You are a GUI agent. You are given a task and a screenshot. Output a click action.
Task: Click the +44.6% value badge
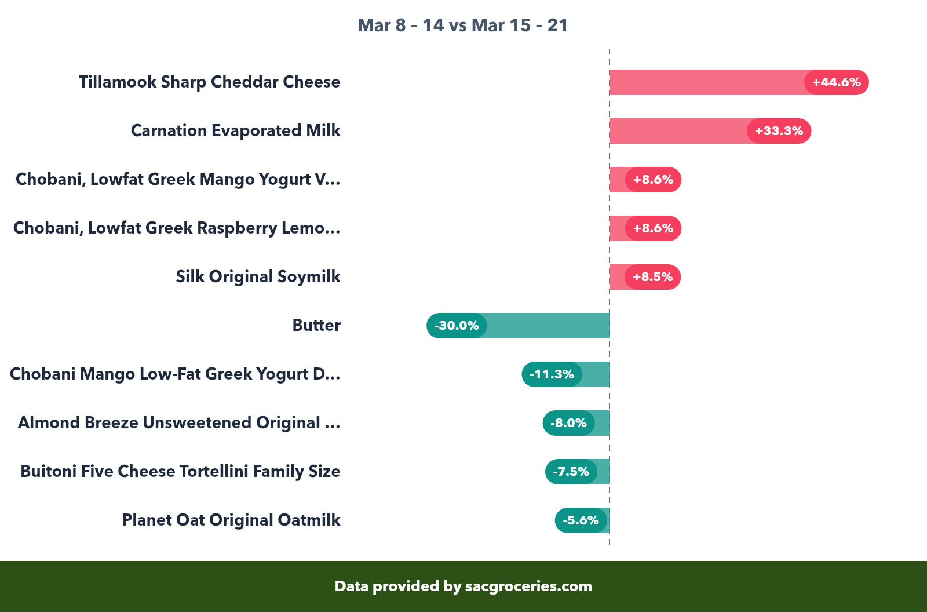[x=836, y=82]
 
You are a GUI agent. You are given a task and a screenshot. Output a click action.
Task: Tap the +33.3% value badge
[x=779, y=131]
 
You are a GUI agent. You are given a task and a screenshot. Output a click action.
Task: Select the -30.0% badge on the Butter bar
[x=457, y=326]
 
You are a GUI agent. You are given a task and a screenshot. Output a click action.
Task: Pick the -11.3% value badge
[x=552, y=374]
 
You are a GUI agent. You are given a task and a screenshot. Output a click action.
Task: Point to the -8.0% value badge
[x=568, y=423]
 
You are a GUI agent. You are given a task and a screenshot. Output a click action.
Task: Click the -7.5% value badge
[x=571, y=472]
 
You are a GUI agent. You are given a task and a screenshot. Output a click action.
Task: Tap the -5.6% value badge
[x=581, y=520]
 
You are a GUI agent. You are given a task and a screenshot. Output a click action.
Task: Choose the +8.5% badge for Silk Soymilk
[x=652, y=277]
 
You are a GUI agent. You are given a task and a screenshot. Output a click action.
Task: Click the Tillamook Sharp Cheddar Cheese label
[x=209, y=82]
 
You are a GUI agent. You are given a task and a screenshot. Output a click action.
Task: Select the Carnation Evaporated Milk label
[x=235, y=131]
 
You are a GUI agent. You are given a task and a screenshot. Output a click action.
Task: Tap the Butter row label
[x=316, y=326]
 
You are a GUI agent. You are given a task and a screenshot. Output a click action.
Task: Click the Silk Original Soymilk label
[x=258, y=277]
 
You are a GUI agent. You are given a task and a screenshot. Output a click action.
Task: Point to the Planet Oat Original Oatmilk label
[x=231, y=520]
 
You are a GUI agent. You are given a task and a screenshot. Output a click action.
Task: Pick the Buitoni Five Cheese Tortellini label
[x=180, y=472]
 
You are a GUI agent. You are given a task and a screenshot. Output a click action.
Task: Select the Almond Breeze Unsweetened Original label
[x=178, y=423]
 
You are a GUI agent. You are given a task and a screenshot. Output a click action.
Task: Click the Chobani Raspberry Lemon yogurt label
[x=177, y=228]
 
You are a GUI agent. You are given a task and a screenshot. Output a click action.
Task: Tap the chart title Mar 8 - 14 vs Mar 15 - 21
[x=462, y=25]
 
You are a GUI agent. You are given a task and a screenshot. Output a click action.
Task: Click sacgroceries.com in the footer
[x=528, y=586]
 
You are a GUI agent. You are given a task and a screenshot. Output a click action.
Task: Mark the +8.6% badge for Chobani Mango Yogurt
[x=653, y=180]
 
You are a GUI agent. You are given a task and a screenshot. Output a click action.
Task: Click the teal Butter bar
[x=548, y=326]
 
